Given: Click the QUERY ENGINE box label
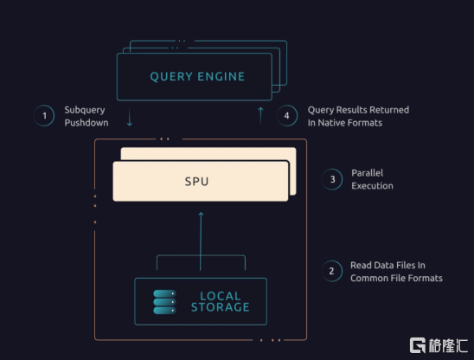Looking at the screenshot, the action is (197, 76).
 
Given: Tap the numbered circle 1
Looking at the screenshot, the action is (44, 116).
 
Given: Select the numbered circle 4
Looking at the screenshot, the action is (287, 116).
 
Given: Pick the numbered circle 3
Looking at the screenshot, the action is (332, 179).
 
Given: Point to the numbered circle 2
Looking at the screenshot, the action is (332, 271).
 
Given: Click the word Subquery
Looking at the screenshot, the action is (85, 110).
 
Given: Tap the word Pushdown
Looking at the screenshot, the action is (86, 123).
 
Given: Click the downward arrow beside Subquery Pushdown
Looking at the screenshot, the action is (130, 117).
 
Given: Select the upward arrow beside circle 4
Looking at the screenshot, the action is (260, 116).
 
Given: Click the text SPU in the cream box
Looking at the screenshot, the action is (197, 182).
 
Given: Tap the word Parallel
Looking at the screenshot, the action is (368, 173).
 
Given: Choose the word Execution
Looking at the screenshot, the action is (372, 186).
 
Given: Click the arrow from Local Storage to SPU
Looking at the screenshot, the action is (201, 241).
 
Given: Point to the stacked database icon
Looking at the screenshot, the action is (164, 302).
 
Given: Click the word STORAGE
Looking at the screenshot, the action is (221, 307).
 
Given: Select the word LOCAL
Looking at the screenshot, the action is (221, 296).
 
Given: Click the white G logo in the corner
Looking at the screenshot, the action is (418, 345).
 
